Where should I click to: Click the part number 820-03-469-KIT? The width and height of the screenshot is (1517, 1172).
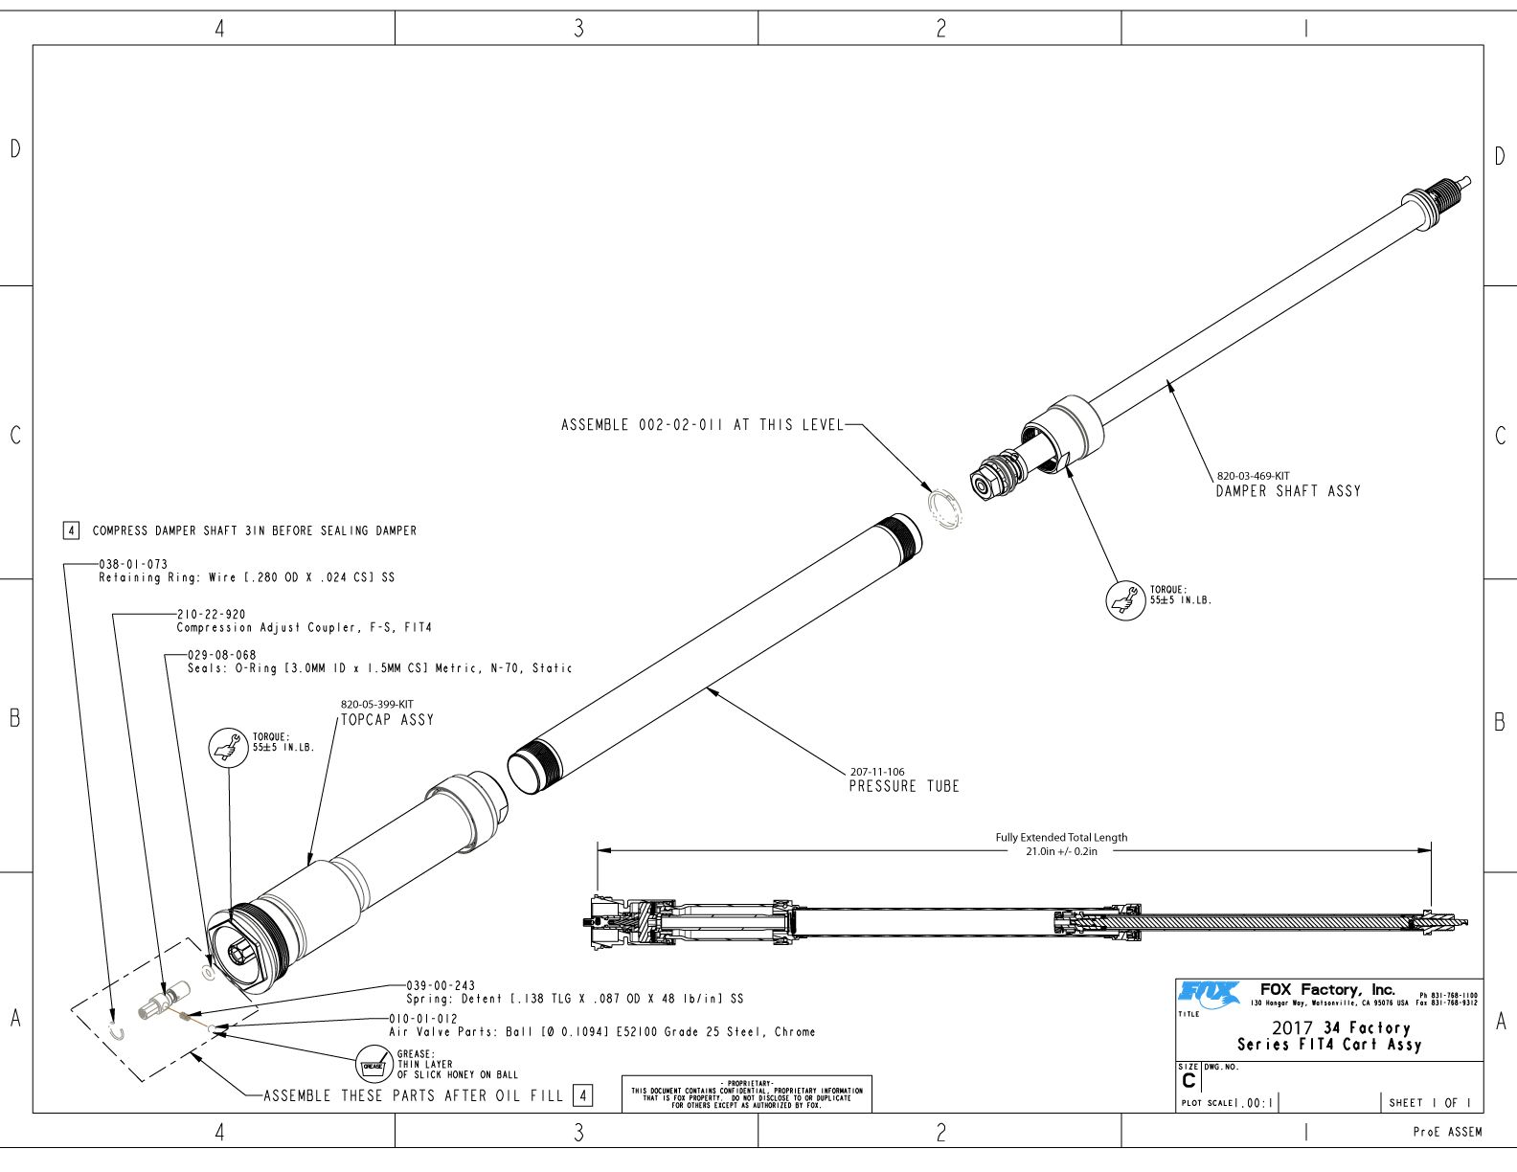click(1253, 476)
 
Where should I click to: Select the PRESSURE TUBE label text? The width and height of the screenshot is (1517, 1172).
click(903, 786)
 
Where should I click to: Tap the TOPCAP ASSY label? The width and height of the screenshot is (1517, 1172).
click(387, 720)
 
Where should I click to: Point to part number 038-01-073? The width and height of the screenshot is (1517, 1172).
click(133, 565)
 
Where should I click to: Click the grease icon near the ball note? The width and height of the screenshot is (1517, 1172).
click(372, 1064)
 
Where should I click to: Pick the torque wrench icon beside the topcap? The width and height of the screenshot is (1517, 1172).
click(228, 746)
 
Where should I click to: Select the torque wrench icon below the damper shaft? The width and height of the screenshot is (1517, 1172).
click(1125, 600)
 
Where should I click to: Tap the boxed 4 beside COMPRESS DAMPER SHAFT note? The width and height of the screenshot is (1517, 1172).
click(71, 530)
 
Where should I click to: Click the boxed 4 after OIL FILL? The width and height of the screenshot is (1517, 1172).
click(582, 1095)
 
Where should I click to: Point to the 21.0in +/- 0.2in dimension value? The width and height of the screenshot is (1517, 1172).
click(1061, 851)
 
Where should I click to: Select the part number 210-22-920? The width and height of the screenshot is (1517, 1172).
click(211, 615)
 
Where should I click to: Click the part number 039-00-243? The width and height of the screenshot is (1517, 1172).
click(440, 985)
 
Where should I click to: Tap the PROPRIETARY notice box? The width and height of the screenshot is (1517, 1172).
click(746, 1093)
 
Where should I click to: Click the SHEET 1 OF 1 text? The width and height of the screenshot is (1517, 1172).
click(1429, 1103)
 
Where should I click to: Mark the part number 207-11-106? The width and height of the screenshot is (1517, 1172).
click(876, 772)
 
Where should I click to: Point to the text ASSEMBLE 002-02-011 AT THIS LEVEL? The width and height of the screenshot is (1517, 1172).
click(702, 425)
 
